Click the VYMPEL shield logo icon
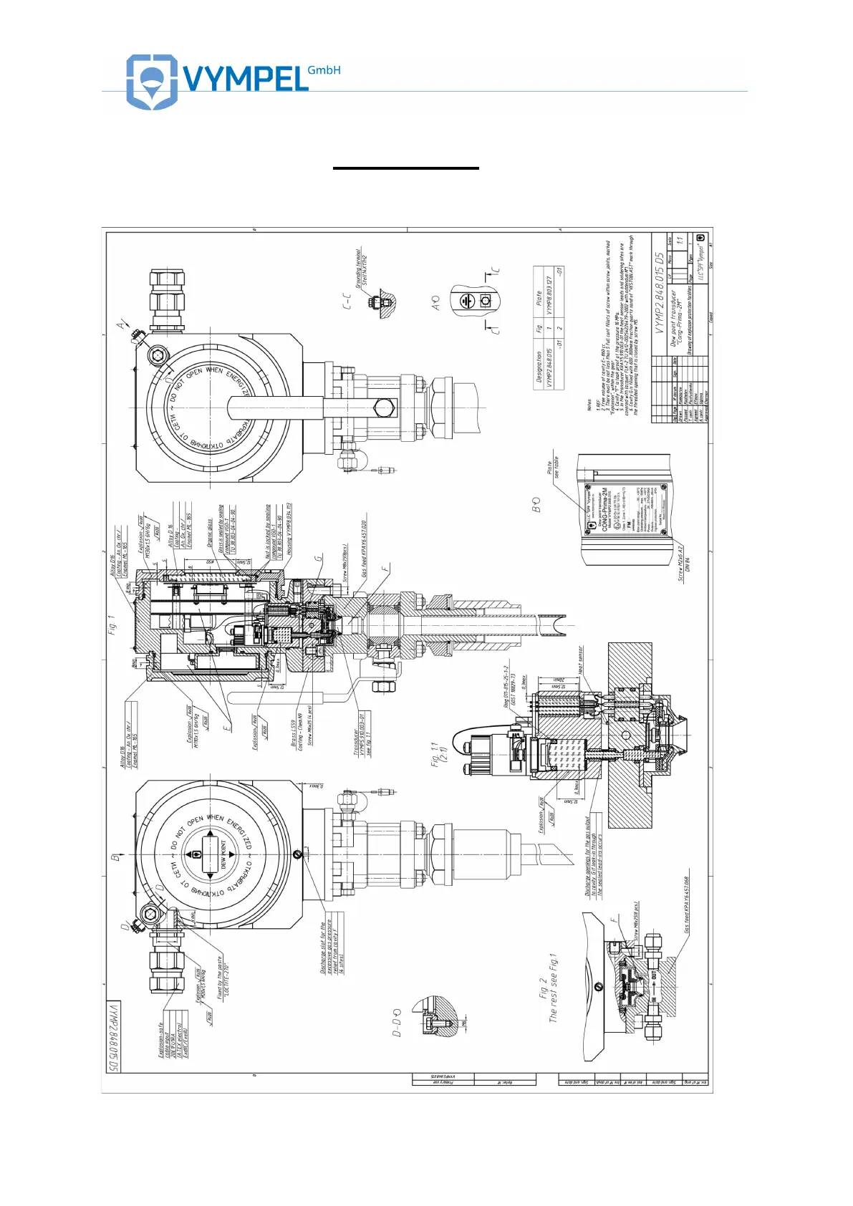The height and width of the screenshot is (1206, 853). pos(151,82)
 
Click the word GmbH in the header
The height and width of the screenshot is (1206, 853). pos(324,70)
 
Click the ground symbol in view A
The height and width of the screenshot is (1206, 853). pos(466,301)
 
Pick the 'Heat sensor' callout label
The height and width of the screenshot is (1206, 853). pos(580,660)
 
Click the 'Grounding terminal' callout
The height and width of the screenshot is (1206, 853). pos(362,266)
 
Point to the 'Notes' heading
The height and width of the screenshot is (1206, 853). pos(589,405)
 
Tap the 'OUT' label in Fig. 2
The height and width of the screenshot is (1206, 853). pos(654,975)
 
